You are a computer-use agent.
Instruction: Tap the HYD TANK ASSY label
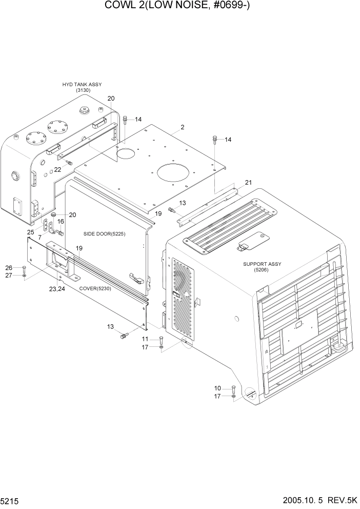coord(82,85)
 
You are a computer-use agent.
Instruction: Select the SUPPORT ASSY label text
coord(262,264)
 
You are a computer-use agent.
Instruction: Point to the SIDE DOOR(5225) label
coord(104,234)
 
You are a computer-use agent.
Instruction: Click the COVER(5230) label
coord(95,288)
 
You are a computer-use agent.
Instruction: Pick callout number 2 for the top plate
coord(182,127)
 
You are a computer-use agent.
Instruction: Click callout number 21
coord(249,183)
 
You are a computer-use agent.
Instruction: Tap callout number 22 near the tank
coord(58,170)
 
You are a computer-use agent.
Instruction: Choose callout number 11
coord(145,339)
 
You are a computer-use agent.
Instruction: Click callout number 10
coord(217,388)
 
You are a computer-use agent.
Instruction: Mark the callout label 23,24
coord(57,289)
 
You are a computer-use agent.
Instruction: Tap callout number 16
coord(61,222)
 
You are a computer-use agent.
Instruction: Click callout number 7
coord(40,238)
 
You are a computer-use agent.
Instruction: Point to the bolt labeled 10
coord(234,388)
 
